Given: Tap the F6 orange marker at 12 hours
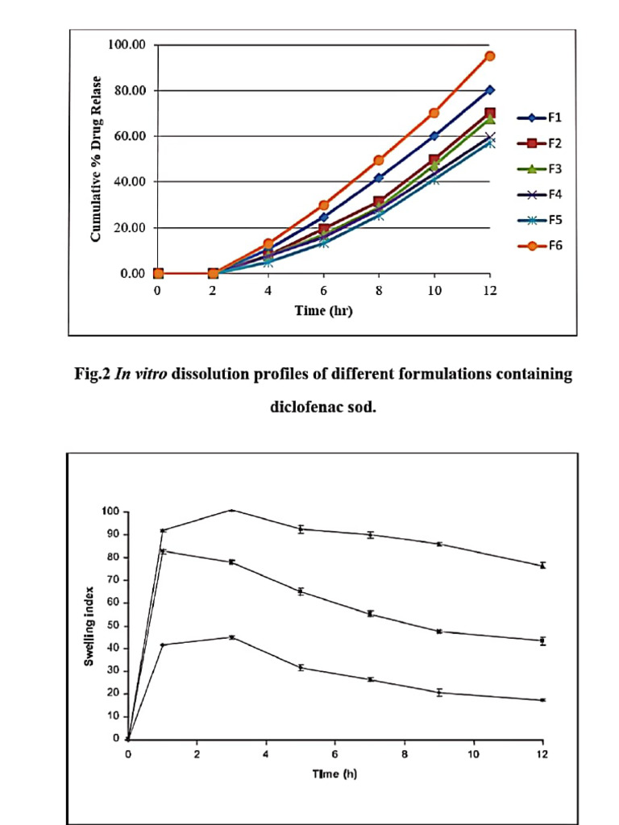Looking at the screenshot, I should coord(489,56).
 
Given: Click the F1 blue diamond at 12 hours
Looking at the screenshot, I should coord(489,89).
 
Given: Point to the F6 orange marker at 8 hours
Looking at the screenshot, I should coord(378,160).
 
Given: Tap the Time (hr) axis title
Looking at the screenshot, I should coord(322,310).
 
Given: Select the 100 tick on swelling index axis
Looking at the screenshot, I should coord(110,512).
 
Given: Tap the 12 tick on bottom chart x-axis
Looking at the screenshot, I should coord(542,754).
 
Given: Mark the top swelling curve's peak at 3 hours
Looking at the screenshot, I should coord(231,510).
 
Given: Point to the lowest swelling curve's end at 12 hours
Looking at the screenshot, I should coord(542,700).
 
